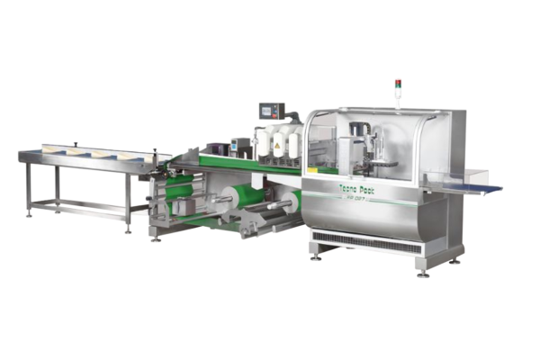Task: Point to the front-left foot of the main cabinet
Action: [315, 256]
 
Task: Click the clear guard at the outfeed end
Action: [441, 153]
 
